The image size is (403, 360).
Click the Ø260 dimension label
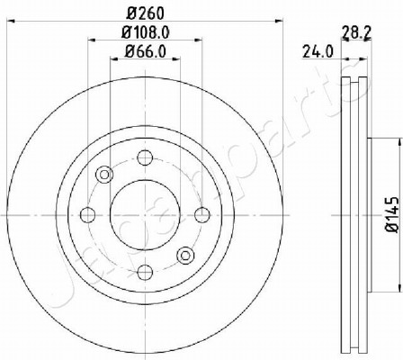[146, 13]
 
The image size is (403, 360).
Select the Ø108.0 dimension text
[146, 32]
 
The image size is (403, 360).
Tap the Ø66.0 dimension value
[146, 51]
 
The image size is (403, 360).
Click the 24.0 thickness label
[318, 51]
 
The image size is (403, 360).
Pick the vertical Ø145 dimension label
[392, 214]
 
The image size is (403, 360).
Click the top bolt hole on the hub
[145, 157]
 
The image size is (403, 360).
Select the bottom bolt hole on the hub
[145, 273]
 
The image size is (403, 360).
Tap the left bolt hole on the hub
[88, 215]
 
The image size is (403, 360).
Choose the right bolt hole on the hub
[202, 215]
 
